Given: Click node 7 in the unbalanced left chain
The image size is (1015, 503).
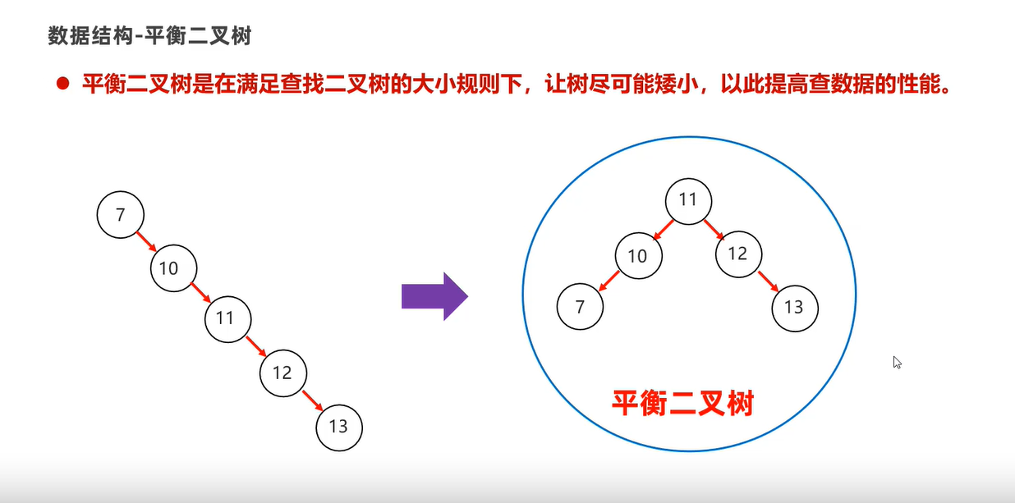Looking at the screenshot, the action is coord(121,216).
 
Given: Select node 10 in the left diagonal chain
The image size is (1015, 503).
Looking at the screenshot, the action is coord(174,267).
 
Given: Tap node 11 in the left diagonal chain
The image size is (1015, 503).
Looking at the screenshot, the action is coord(227,318).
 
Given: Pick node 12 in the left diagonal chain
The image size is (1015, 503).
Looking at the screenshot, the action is coord(282,373).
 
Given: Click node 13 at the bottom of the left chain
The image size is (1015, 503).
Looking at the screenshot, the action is coord(338,427).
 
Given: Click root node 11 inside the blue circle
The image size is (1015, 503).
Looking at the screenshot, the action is coord(687,200).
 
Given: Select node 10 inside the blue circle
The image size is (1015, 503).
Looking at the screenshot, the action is coord(637,256).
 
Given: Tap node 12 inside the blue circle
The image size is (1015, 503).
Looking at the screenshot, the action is coord(737,254).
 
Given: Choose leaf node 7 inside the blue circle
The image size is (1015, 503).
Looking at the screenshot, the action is coord(580,307).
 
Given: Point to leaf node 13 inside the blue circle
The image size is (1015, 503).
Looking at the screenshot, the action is coord(794,308).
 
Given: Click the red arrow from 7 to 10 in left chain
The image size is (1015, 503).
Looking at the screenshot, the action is coord(147,241).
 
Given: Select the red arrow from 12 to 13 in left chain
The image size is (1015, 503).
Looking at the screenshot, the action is coord(310,400).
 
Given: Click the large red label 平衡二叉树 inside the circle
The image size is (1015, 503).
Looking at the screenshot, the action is coord(682,402).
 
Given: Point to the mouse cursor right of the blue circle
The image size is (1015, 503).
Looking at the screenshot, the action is coord(898,362).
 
